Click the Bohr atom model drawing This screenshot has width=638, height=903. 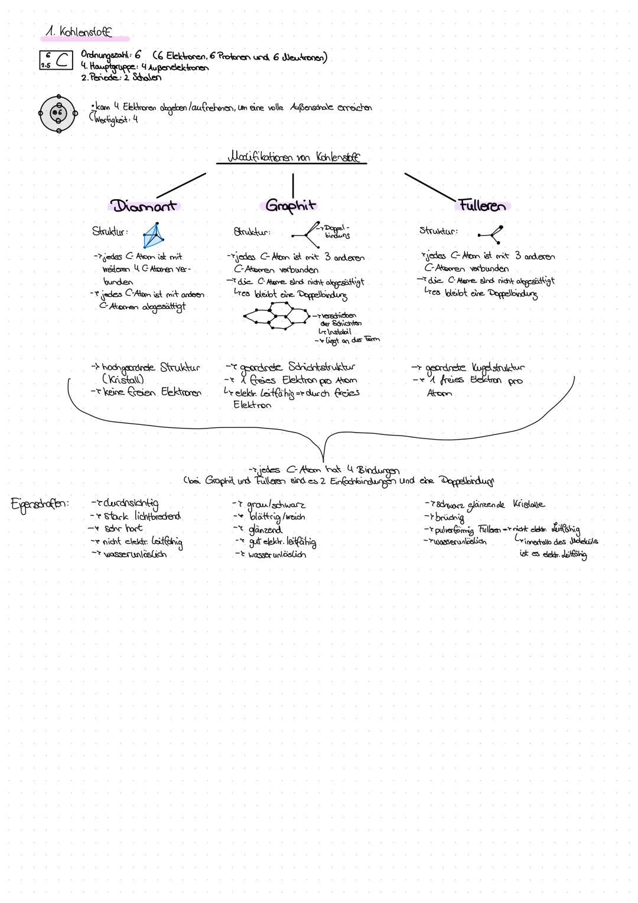pyautogui.click(x=58, y=113)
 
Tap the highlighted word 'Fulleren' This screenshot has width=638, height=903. pyautogui.click(x=482, y=206)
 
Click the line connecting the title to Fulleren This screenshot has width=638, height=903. pyautogui.click(x=430, y=186)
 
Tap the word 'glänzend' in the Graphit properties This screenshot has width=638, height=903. pyautogui.click(x=265, y=530)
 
